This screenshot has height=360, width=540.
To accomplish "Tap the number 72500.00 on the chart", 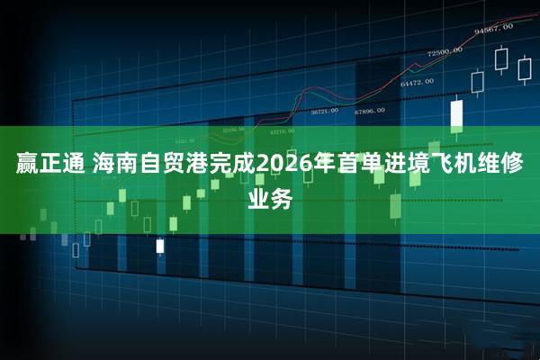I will pyautogui.click(x=444, y=51).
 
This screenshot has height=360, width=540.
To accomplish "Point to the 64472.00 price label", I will pyautogui.click(x=418, y=83).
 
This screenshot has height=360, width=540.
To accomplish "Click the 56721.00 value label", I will pyautogui.click(x=324, y=112).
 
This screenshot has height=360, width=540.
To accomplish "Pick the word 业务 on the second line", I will pyautogui.click(x=270, y=199).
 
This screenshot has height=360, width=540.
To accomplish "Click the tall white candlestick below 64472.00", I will pyautogui.click(x=456, y=113).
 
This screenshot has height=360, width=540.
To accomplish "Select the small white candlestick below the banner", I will pyautogui.click(x=160, y=245).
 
